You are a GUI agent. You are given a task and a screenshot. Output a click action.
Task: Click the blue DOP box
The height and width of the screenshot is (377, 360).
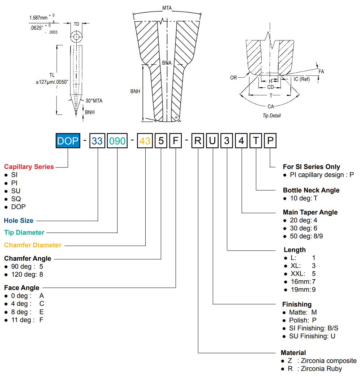point(68,140)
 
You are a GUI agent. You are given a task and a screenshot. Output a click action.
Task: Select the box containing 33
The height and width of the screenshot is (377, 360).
point(97,140)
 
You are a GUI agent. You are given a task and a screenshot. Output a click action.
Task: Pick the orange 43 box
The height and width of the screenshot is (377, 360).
point(145,140)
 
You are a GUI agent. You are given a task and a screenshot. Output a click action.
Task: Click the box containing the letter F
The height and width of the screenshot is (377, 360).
point(175,140)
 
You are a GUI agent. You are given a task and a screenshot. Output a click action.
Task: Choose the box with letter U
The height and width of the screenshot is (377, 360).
point(213,140)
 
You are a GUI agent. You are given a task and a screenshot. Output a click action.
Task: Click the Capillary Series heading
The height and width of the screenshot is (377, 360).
point(29,167)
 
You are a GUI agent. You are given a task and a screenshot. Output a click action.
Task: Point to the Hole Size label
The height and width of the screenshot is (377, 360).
point(18,220)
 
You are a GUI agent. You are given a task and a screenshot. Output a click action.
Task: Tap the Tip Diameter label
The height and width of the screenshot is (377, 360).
point(24,233)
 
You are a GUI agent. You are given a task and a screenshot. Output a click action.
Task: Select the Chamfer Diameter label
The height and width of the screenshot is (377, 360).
point(33,245)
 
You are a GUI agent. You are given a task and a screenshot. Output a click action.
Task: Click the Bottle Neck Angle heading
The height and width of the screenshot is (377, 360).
point(311,190)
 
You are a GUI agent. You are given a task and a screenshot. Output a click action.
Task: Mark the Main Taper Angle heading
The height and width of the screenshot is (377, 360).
point(310,212)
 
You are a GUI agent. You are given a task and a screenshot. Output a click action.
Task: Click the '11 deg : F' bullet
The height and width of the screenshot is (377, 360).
point(24,320)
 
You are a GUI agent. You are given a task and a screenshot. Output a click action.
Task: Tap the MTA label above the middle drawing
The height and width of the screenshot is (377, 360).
point(167,8)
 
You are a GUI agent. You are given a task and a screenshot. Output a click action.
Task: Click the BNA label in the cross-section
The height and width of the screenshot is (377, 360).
point(167,63)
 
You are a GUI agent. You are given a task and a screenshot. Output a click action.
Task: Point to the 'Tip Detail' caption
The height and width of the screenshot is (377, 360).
point(271,116)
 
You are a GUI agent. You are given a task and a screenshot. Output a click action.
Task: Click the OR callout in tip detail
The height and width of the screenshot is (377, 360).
point(233,78)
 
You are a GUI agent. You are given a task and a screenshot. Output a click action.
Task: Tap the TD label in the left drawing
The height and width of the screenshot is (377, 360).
point(76,24)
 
